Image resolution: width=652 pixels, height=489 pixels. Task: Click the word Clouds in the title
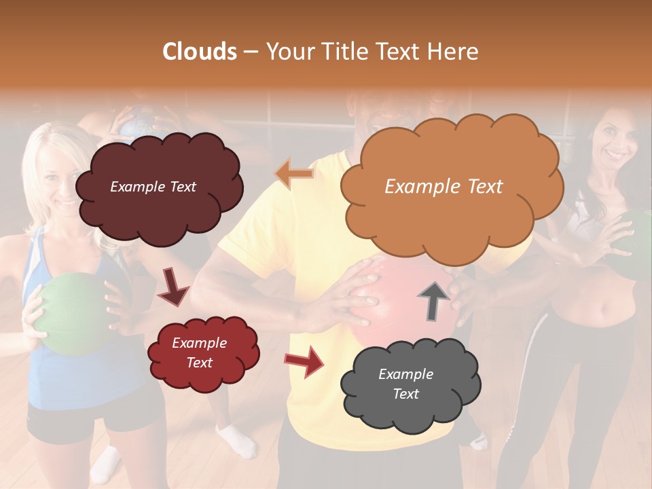pyautogui.click(x=200, y=52)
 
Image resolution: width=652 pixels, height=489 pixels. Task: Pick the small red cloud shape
pyautogui.click(x=203, y=352)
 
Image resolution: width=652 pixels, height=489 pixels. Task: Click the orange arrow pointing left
pyautogui.click(x=294, y=174)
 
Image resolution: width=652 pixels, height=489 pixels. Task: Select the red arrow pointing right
pyautogui.click(x=304, y=362)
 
